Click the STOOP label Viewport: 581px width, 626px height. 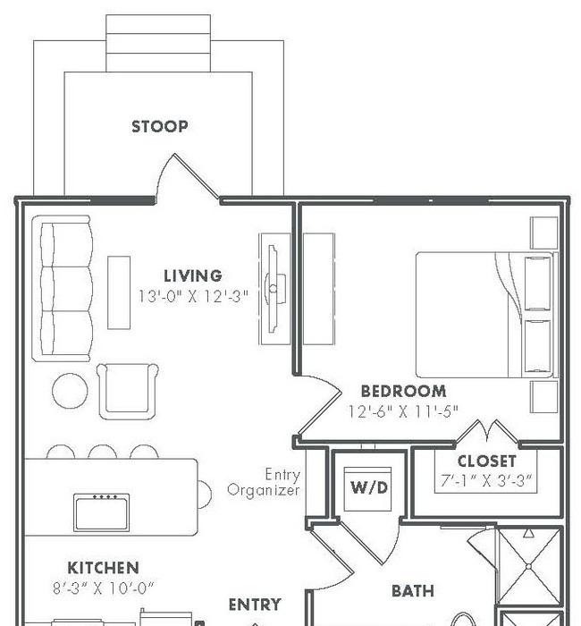pyautogui.click(x=160, y=127)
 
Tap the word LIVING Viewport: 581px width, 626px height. pyautogui.click(x=193, y=275)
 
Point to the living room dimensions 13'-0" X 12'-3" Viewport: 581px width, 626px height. pyautogui.click(x=193, y=296)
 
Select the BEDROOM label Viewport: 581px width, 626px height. pyautogui.click(x=403, y=392)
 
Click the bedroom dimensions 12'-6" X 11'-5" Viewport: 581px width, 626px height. pyautogui.click(x=403, y=411)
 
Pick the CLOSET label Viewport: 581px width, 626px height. pyautogui.click(x=486, y=461)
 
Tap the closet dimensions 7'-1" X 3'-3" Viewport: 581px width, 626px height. pyautogui.click(x=486, y=480)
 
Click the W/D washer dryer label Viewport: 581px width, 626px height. pyautogui.click(x=369, y=487)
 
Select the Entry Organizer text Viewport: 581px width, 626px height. pyautogui.click(x=264, y=482)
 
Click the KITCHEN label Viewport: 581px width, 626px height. pyautogui.click(x=104, y=568)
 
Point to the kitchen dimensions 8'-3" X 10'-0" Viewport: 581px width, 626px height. pyautogui.click(x=104, y=588)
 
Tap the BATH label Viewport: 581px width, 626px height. pyautogui.click(x=413, y=591)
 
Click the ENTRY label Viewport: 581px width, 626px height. pyautogui.click(x=255, y=605)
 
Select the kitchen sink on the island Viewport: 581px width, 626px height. pyautogui.click(x=101, y=512)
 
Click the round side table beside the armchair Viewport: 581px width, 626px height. pyautogui.click(x=71, y=391)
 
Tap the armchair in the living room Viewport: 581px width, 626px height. pyautogui.click(x=127, y=392)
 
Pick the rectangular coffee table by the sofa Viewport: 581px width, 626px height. pyautogui.click(x=119, y=292)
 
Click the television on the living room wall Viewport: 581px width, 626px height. pyautogui.click(x=274, y=289)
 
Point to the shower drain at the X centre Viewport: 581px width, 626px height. pyautogui.click(x=528, y=566)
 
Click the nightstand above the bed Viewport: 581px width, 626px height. pyautogui.click(x=543, y=233)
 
